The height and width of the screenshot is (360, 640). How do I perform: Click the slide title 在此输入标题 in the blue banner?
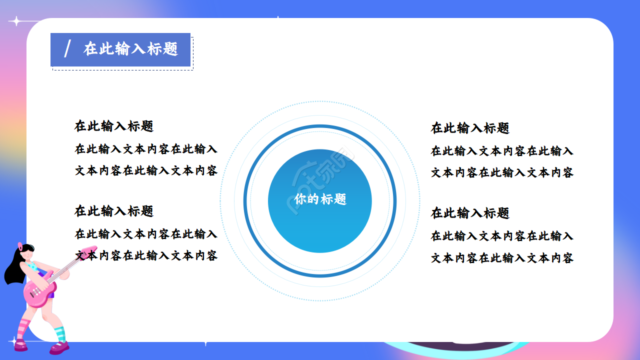pyautogui.click(x=130, y=49)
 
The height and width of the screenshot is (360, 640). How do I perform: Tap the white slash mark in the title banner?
pyautogui.click(x=67, y=49)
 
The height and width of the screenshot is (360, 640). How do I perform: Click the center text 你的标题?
pyautogui.click(x=320, y=199)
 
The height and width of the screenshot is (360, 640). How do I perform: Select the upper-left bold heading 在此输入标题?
pyautogui.click(x=114, y=126)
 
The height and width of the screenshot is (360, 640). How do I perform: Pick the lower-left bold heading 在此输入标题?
pyautogui.click(x=114, y=211)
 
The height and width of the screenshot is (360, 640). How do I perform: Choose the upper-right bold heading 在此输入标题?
pyautogui.click(x=470, y=128)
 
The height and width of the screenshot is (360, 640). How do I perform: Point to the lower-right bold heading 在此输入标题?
pyautogui.click(x=470, y=213)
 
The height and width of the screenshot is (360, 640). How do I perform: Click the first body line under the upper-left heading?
pyautogui.click(x=146, y=149)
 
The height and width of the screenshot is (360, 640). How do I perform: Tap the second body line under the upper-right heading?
pyautogui.click(x=502, y=172)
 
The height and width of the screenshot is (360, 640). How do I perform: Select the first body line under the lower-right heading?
pyautogui.click(x=502, y=236)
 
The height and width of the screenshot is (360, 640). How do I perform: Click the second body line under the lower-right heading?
pyautogui.click(x=502, y=258)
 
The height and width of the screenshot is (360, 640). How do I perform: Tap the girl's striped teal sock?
pyautogui.click(x=59, y=333)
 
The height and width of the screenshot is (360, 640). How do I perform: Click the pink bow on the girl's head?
pyautogui.click(x=20, y=246)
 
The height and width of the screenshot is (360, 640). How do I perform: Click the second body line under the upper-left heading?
pyautogui.click(x=146, y=170)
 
